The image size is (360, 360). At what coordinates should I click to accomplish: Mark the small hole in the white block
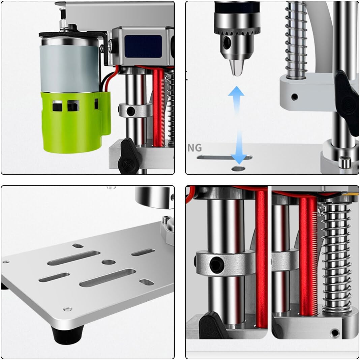click(x=295, y=97)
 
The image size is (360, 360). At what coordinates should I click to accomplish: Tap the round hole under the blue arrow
click(x=239, y=168)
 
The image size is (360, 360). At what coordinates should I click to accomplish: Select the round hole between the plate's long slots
click(x=108, y=262)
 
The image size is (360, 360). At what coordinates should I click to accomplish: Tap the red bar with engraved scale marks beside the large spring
click(x=308, y=256)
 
